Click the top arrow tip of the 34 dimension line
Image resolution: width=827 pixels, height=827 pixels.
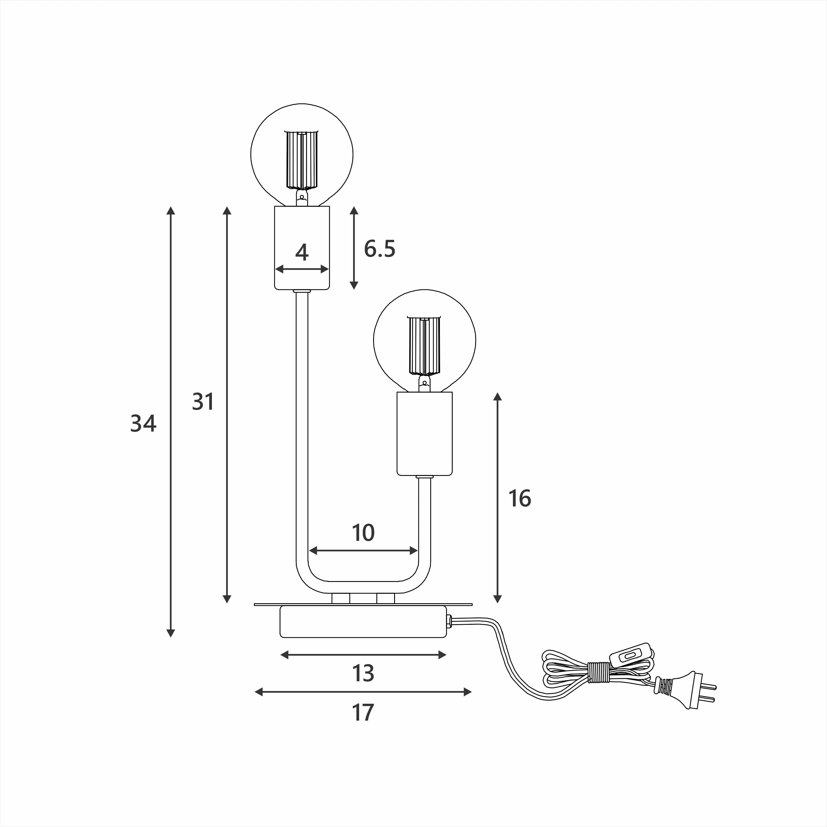tap(171, 207)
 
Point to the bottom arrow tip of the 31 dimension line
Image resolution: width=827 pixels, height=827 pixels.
tap(227, 603)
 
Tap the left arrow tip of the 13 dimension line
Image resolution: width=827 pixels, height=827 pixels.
tap(280, 654)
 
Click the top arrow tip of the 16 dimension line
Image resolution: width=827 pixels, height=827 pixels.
tap(497, 393)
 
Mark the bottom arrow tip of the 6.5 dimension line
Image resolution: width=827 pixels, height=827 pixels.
tap(354, 289)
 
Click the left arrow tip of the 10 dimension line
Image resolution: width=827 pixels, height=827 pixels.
tap(309, 550)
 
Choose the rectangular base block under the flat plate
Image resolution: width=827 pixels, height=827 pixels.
tap(363, 622)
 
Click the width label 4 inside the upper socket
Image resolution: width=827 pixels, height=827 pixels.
tap(302, 253)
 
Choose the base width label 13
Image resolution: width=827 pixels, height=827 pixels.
tap(363, 673)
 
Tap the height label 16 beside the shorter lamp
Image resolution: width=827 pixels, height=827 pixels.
tap(519, 499)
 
